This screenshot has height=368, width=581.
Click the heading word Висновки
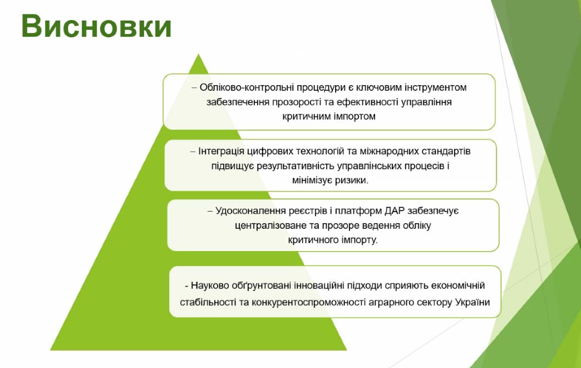[x=97, y=26]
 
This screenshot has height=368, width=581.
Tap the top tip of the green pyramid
[x=199, y=54]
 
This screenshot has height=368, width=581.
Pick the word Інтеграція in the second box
[x=221, y=151]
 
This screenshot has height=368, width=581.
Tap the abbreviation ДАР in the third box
[x=395, y=211]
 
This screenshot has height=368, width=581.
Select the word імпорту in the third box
[x=359, y=240]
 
